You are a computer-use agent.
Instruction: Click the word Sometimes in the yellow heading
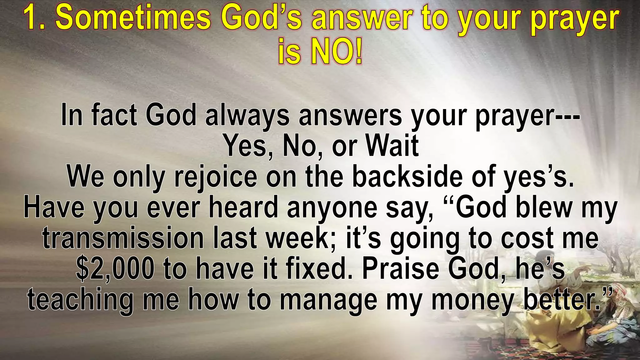(133, 18)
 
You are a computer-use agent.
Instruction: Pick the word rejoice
(216, 177)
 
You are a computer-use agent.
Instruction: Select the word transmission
(123, 238)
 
